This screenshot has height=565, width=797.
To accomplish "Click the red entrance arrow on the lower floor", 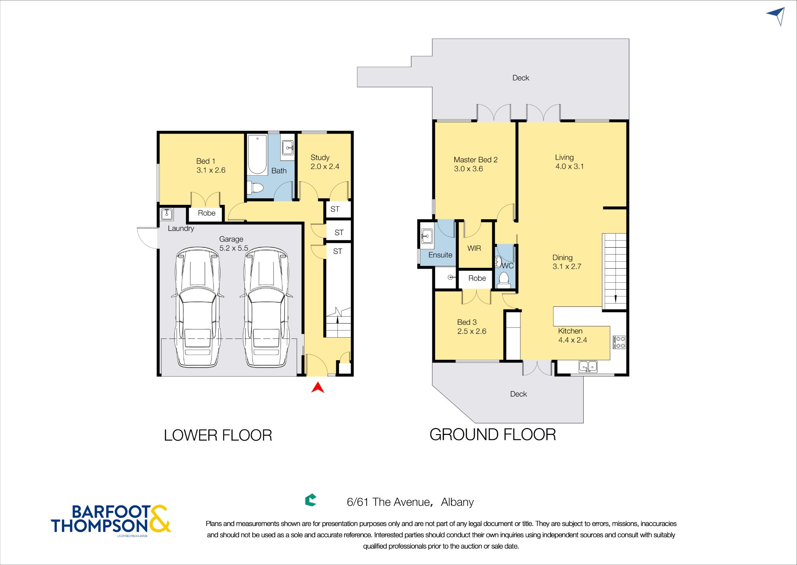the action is [318, 388].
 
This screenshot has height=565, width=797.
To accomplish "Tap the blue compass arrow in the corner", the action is [777, 16].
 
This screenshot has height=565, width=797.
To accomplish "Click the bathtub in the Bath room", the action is [257, 154].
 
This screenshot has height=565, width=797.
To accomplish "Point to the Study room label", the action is [320, 157].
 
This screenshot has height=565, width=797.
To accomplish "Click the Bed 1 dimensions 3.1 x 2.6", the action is [211, 170].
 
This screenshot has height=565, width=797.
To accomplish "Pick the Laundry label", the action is [181, 229].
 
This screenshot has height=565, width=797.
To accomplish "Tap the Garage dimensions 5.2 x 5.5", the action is [233, 248].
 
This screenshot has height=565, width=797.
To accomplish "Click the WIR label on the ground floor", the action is [474, 248].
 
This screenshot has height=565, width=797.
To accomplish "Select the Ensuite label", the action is [440, 255].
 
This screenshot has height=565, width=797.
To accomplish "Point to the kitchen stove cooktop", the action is [619, 342].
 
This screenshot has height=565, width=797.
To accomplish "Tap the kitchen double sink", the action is [588, 366].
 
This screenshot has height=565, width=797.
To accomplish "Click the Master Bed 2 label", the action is [476, 160].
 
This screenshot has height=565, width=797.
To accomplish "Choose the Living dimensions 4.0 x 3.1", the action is [569, 166].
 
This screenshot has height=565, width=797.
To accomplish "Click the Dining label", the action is [562, 258].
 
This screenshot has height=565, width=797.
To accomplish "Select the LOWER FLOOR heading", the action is [218, 435].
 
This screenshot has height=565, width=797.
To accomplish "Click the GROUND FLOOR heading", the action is [493, 435].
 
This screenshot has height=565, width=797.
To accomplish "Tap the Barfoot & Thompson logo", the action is [111, 520].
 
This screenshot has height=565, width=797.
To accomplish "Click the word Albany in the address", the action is [457, 502].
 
